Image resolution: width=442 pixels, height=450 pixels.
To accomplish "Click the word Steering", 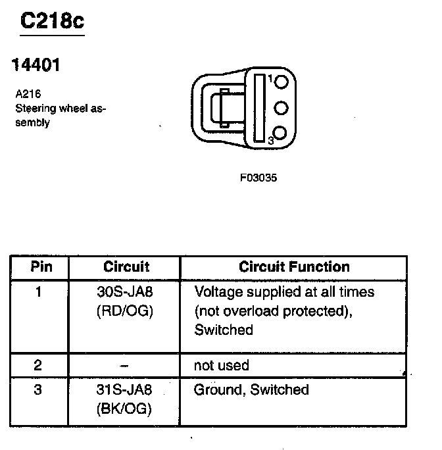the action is [35, 108].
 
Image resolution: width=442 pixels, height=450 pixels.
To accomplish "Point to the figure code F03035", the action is [258, 178].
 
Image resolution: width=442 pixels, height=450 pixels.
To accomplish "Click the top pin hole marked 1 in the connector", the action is [281, 83].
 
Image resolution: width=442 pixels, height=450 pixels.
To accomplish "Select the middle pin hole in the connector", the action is [281, 108].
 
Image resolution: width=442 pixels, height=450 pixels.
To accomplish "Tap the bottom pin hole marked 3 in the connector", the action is [281, 134].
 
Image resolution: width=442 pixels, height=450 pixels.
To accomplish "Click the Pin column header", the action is [41, 266].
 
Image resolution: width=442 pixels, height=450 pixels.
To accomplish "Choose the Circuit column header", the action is [126, 266].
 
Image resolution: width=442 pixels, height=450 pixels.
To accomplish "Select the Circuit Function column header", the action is [293, 266].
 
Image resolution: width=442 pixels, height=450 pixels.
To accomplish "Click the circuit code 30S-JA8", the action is [125, 291].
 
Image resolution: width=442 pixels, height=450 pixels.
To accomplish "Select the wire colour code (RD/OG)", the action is [125, 311].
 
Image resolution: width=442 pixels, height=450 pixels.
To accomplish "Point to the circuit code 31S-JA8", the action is [125, 390].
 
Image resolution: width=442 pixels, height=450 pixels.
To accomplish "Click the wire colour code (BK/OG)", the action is [125, 409].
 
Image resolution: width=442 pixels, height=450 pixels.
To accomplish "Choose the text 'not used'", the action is [222, 365].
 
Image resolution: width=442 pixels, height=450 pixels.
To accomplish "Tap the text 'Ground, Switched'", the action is [251, 390].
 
